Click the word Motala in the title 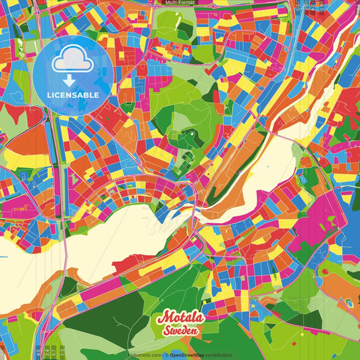pyautogui.click(x=179, y=318)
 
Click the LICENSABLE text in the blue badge pyautogui.click(x=72, y=95)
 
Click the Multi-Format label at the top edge pyautogui.click(x=179, y=3)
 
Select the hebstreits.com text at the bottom pyautogui.click(x=143, y=355)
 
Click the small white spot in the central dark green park pyautogui.click(x=189, y=134)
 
